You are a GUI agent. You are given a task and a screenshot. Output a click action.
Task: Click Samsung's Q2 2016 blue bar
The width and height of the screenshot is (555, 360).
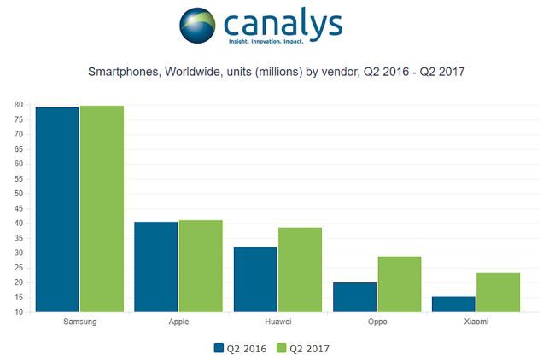[x=56, y=210]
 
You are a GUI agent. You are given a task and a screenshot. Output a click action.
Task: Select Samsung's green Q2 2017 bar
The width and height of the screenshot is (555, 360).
[x=102, y=209]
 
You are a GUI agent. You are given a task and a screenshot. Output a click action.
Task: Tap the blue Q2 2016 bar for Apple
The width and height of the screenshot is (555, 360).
[x=155, y=267]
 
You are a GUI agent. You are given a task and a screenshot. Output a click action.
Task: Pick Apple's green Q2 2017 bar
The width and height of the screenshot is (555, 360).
[x=201, y=266]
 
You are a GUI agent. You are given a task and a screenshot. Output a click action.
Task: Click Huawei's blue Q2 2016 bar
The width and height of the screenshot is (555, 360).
[x=255, y=280]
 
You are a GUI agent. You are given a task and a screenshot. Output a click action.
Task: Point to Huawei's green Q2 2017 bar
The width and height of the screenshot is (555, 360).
[x=300, y=270]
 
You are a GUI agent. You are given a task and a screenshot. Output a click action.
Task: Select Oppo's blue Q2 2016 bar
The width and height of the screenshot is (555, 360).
[x=354, y=297]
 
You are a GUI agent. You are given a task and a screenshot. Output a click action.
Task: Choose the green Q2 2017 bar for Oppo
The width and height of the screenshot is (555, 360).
[x=399, y=284]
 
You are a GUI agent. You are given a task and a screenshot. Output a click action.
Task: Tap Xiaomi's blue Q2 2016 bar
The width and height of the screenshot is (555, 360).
[x=453, y=305]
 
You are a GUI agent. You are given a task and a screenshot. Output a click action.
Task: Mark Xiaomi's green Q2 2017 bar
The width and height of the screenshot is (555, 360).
[x=498, y=293]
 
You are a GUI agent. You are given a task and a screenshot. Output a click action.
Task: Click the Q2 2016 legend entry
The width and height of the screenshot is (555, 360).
[x=239, y=348]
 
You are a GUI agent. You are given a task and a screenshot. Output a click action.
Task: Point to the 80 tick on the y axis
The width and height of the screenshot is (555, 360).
[x=18, y=105]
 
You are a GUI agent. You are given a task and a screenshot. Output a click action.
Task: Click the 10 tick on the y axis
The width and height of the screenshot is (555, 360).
[x=18, y=312]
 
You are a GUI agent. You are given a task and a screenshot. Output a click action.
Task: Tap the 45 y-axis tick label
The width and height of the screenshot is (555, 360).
[x=18, y=209]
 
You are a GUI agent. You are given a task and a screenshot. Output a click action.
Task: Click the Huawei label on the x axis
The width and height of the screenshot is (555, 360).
[x=277, y=323]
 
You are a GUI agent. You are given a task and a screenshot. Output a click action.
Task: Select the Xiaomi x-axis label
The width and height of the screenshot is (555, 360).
[x=476, y=323]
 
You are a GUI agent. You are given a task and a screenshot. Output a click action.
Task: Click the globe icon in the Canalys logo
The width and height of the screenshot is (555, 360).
[x=197, y=26]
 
